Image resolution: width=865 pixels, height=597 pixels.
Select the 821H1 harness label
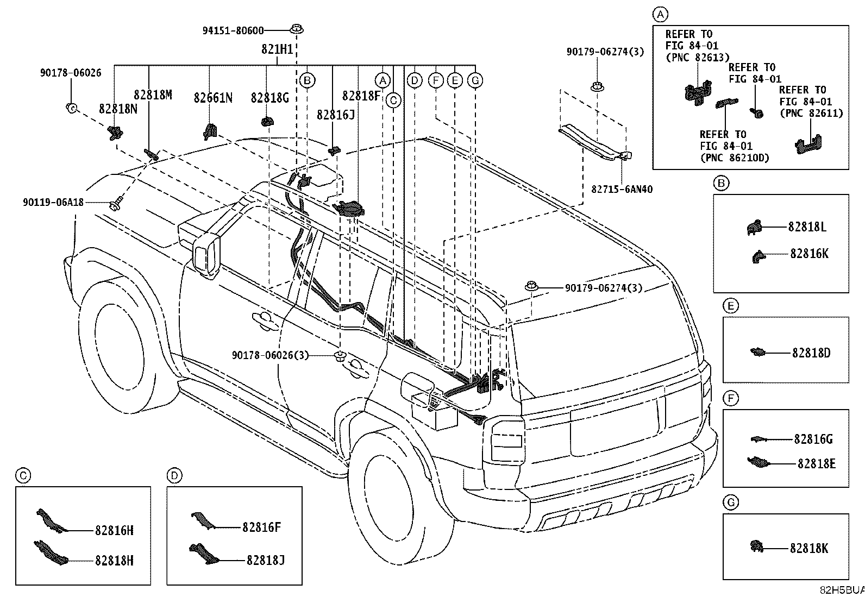[277, 50]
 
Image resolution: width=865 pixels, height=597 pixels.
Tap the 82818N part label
[118, 109]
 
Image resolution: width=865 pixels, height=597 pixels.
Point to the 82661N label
[213, 98]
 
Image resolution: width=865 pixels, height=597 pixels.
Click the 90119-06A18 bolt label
[53, 202]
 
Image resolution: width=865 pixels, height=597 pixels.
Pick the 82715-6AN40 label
[622, 190]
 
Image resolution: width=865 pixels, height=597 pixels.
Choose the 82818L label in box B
[807, 227]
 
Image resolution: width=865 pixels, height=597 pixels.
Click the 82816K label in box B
[809, 254]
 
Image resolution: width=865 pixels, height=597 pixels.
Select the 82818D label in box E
[811, 353]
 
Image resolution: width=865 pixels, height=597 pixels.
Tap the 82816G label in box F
[813, 439]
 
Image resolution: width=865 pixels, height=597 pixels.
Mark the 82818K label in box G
[809, 549]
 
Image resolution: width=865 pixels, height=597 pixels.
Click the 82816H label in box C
[114, 531]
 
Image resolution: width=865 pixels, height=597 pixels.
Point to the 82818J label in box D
[265, 560]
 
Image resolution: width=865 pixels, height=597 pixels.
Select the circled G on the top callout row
[475, 81]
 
